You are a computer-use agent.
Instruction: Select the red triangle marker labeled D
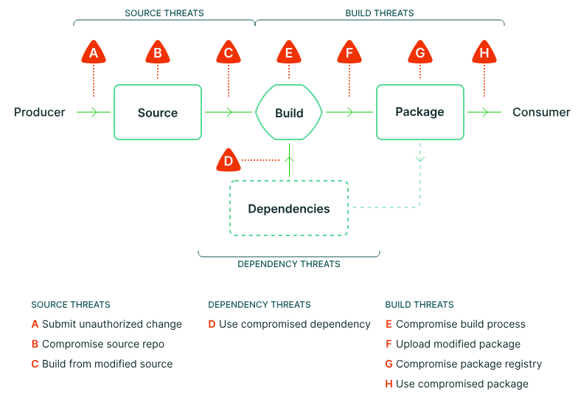click(x=229, y=160)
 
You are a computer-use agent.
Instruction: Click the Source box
click(x=158, y=112)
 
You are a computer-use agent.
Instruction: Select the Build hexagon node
click(x=289, y=113)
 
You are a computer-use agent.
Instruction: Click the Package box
click(x=420, y=112)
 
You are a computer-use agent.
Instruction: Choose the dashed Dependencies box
click(x=289, y=209)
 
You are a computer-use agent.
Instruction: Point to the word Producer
click(x=40, y=112)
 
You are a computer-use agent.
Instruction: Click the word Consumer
click(x=541, y=112)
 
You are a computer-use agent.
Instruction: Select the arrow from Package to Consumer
click(x=484, y=112)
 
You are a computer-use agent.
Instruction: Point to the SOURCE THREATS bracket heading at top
click(x=164, y=13)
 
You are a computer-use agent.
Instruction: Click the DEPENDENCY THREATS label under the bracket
click(x=289, y=263)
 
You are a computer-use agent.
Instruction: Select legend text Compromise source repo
click(x=103, y=344)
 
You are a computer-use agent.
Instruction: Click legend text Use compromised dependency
click(x=295, y=324)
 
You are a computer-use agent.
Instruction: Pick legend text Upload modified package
click(x=458, y=344)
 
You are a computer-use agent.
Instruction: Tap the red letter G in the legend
click(x=389, y=364)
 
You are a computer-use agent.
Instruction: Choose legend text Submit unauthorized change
click(x=112, y=324)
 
